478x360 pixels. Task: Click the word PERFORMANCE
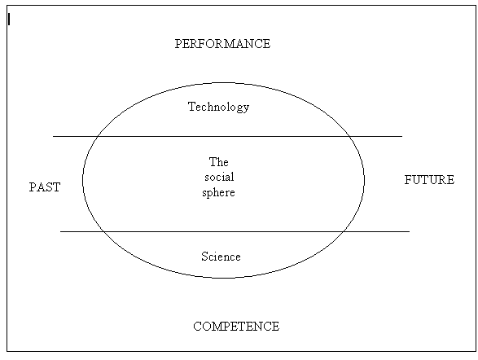click(x=222, y=44)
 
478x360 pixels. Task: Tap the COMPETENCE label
click(x=236, y=326)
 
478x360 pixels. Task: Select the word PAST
click(x=45, y=187)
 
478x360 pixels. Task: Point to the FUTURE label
click(x=429, y=179)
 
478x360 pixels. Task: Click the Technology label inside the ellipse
click(x=218, y=107)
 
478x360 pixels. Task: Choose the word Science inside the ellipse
click(x=221, y=257)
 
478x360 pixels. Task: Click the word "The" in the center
click(x=218, y=162)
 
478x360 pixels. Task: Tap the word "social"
click(x=219, y=177)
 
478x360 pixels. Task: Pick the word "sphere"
click(x=218, y=193)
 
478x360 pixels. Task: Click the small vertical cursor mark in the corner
click(x=9, y=20)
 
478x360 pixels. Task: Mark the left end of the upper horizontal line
click(x=54, y=136)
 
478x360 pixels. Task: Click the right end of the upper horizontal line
click(x=402, y=136)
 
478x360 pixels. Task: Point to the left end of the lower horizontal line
click(x=60, y=231)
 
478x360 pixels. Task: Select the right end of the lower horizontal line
click(x=410, y=231)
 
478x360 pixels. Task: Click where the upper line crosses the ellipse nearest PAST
click(x=97, y=136)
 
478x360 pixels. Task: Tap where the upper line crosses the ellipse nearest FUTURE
click(x=349, y=136)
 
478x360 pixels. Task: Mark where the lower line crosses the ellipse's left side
click(x=103, y=231)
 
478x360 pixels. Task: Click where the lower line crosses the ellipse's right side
click(x=343, y=231)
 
